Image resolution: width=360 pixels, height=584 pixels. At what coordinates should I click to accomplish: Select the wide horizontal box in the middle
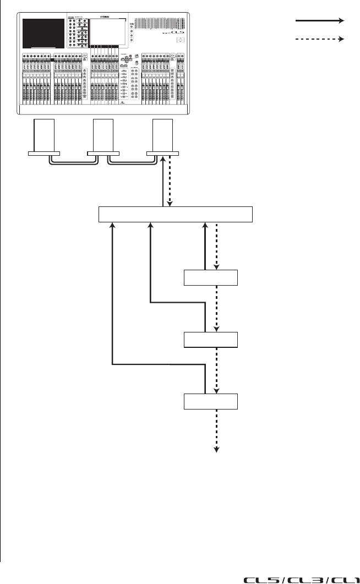click(x=175, y=214)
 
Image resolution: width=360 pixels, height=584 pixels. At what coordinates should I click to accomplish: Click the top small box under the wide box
click(x=211, y=277)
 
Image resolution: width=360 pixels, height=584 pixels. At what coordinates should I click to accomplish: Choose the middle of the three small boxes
click(x=211, y=340)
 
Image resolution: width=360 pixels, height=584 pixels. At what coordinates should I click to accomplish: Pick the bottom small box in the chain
click(x=211, y=402)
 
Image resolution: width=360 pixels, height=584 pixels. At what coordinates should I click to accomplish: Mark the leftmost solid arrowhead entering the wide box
click(x=112, y=226)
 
